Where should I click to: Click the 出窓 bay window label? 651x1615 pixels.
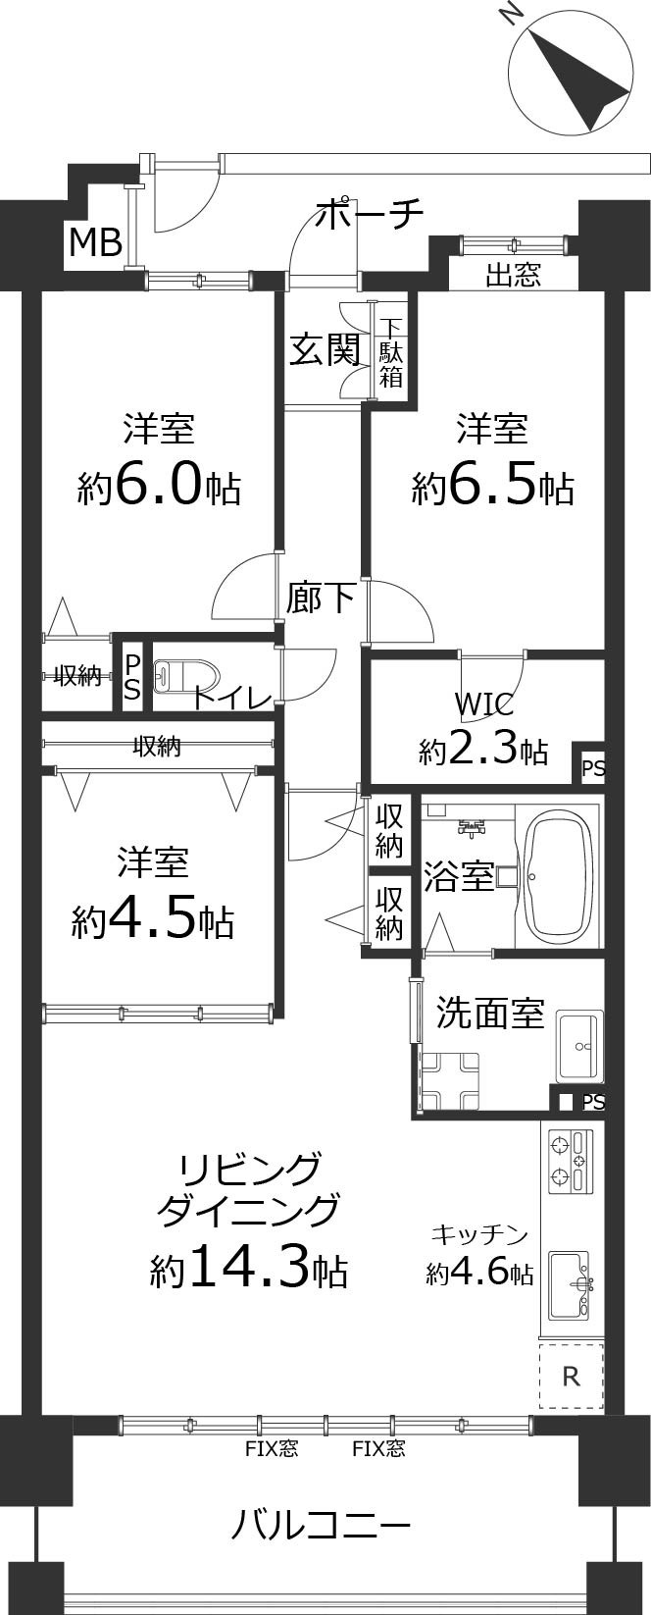[x=513, y=275]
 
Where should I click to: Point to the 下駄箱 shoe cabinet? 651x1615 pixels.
[x=391, y=351]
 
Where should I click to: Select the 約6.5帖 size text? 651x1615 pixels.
[x=492, y=485]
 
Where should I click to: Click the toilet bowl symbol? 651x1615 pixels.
[x=184, y=676]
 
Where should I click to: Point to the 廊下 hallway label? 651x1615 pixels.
[x=320, y=598]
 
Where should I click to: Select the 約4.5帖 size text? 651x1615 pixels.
[x=152, y=919]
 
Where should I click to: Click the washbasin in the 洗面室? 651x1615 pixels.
[x=579, y=1046]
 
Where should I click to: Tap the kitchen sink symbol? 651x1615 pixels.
[x=569, y=1284]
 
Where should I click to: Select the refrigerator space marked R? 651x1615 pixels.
[x=571, y=1377]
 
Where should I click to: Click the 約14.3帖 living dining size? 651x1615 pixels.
[x=248, y=1269]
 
